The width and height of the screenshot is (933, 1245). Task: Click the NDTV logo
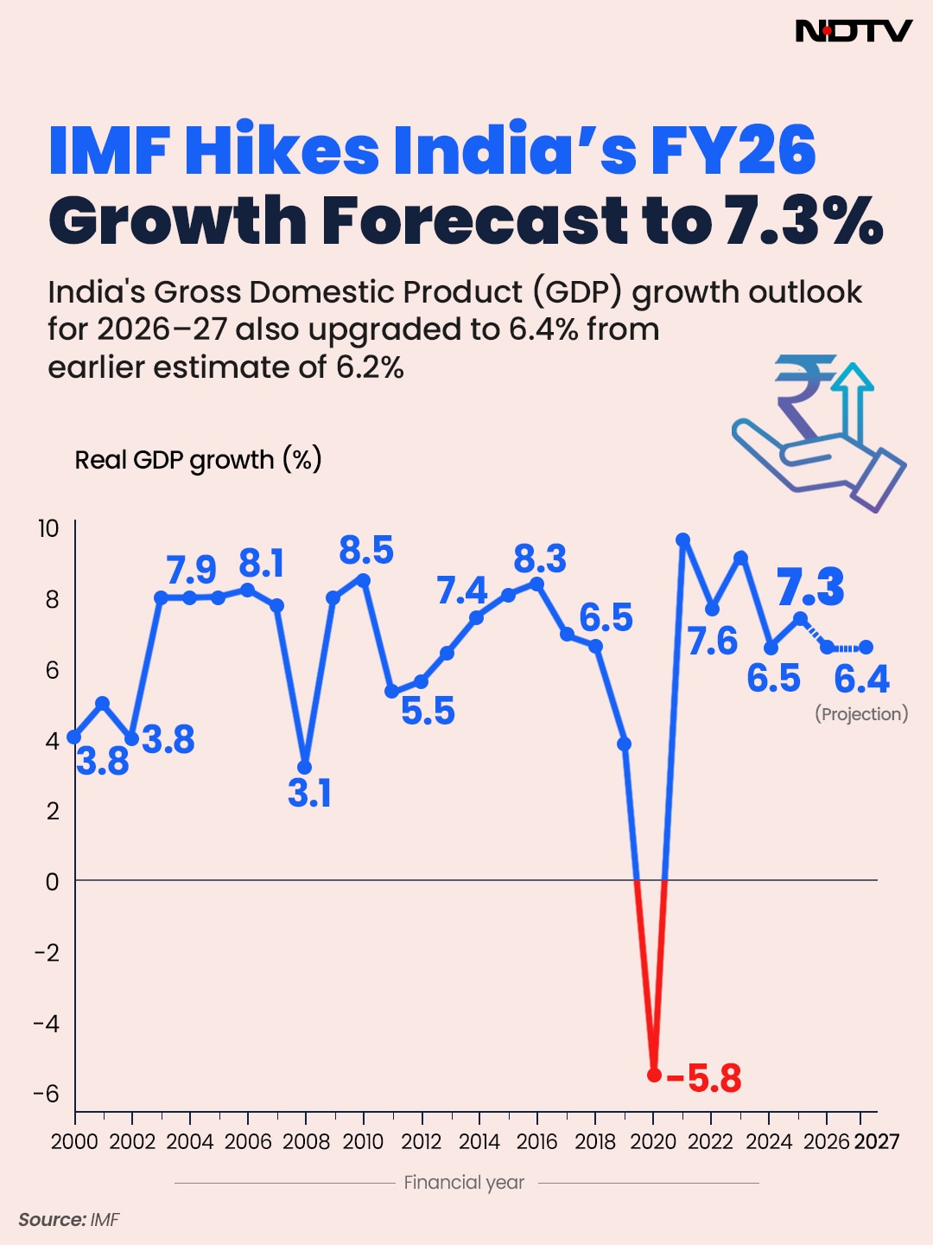[x=853, y=31]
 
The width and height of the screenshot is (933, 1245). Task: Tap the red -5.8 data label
[x=705, y=1078]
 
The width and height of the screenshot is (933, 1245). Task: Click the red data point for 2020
[x=654, y=1075]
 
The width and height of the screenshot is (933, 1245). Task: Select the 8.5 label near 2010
[x=366, y=551]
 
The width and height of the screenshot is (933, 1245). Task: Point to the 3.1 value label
[x=309, y=793]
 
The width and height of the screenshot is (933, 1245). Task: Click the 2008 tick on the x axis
[x=306, y=1142]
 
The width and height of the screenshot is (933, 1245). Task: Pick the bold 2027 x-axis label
[x=877, y=1142]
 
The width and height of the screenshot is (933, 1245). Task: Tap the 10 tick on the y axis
[x=48, y=528]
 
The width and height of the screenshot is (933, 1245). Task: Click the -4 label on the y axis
[x=47, y=1024]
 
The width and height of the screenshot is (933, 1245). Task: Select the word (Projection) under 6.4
[x=861, y=714]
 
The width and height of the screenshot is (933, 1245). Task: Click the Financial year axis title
[x=464, y=1182]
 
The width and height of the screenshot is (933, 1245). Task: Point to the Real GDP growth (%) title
[x=198, y=459]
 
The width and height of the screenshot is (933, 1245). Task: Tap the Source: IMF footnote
[x=69, y=1220]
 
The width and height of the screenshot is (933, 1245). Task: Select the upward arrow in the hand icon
[x=854, y=402]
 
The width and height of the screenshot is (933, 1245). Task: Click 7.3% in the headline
[x=803, y=220]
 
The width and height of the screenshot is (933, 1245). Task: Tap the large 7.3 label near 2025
[x=810, y=588]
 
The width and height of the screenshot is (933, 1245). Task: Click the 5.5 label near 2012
[x=428, y=711]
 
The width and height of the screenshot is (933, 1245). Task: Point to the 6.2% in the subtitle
[x=370, y=367]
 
